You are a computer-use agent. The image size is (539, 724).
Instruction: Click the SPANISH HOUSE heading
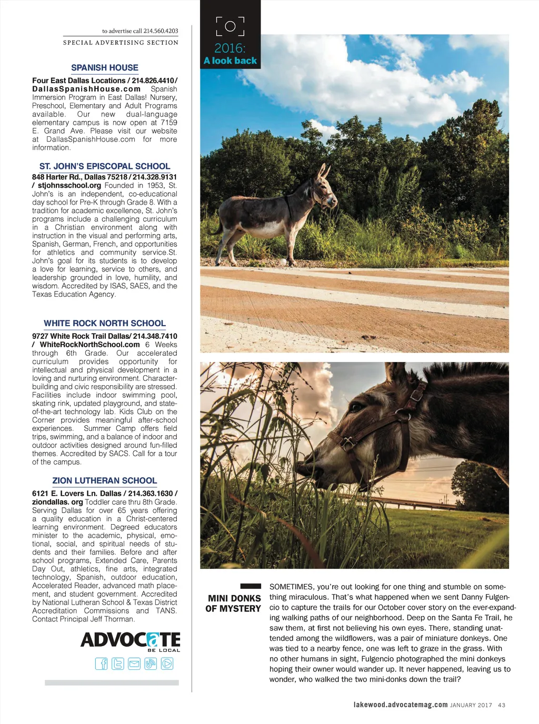tap(105, 68)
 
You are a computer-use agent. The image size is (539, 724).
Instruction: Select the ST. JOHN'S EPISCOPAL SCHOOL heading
tap(105, 166)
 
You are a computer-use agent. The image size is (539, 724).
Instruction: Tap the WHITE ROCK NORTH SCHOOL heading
tap(105, 324)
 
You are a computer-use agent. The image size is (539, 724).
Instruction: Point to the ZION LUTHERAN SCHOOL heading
tap(105, 481)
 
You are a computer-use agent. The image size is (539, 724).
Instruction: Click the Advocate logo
tap(130, 641)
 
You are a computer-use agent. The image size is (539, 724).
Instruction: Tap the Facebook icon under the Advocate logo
tap(101, 663)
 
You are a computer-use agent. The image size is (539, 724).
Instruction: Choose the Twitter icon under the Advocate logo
tap(118, 663)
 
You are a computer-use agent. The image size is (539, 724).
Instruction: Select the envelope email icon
tap(134, 663)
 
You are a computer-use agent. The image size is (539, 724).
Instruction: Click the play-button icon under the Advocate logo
tap(167, 663)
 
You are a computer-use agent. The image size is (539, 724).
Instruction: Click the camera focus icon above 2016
tap(230, 26)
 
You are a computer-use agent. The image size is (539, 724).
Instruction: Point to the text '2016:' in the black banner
tap(230, 48)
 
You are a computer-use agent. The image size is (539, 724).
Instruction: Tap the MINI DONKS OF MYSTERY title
tap(234, 604)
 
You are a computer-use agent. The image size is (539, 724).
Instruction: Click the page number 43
tap(502, 705)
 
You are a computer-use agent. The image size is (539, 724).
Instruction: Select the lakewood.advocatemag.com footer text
tap(401, 705)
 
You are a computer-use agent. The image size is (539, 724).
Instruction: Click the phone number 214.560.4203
tap(161, 31)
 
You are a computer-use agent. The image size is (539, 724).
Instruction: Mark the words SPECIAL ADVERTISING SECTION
tap(121, 43)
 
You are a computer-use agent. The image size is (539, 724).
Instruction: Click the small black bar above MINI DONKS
tap(251, 586)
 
